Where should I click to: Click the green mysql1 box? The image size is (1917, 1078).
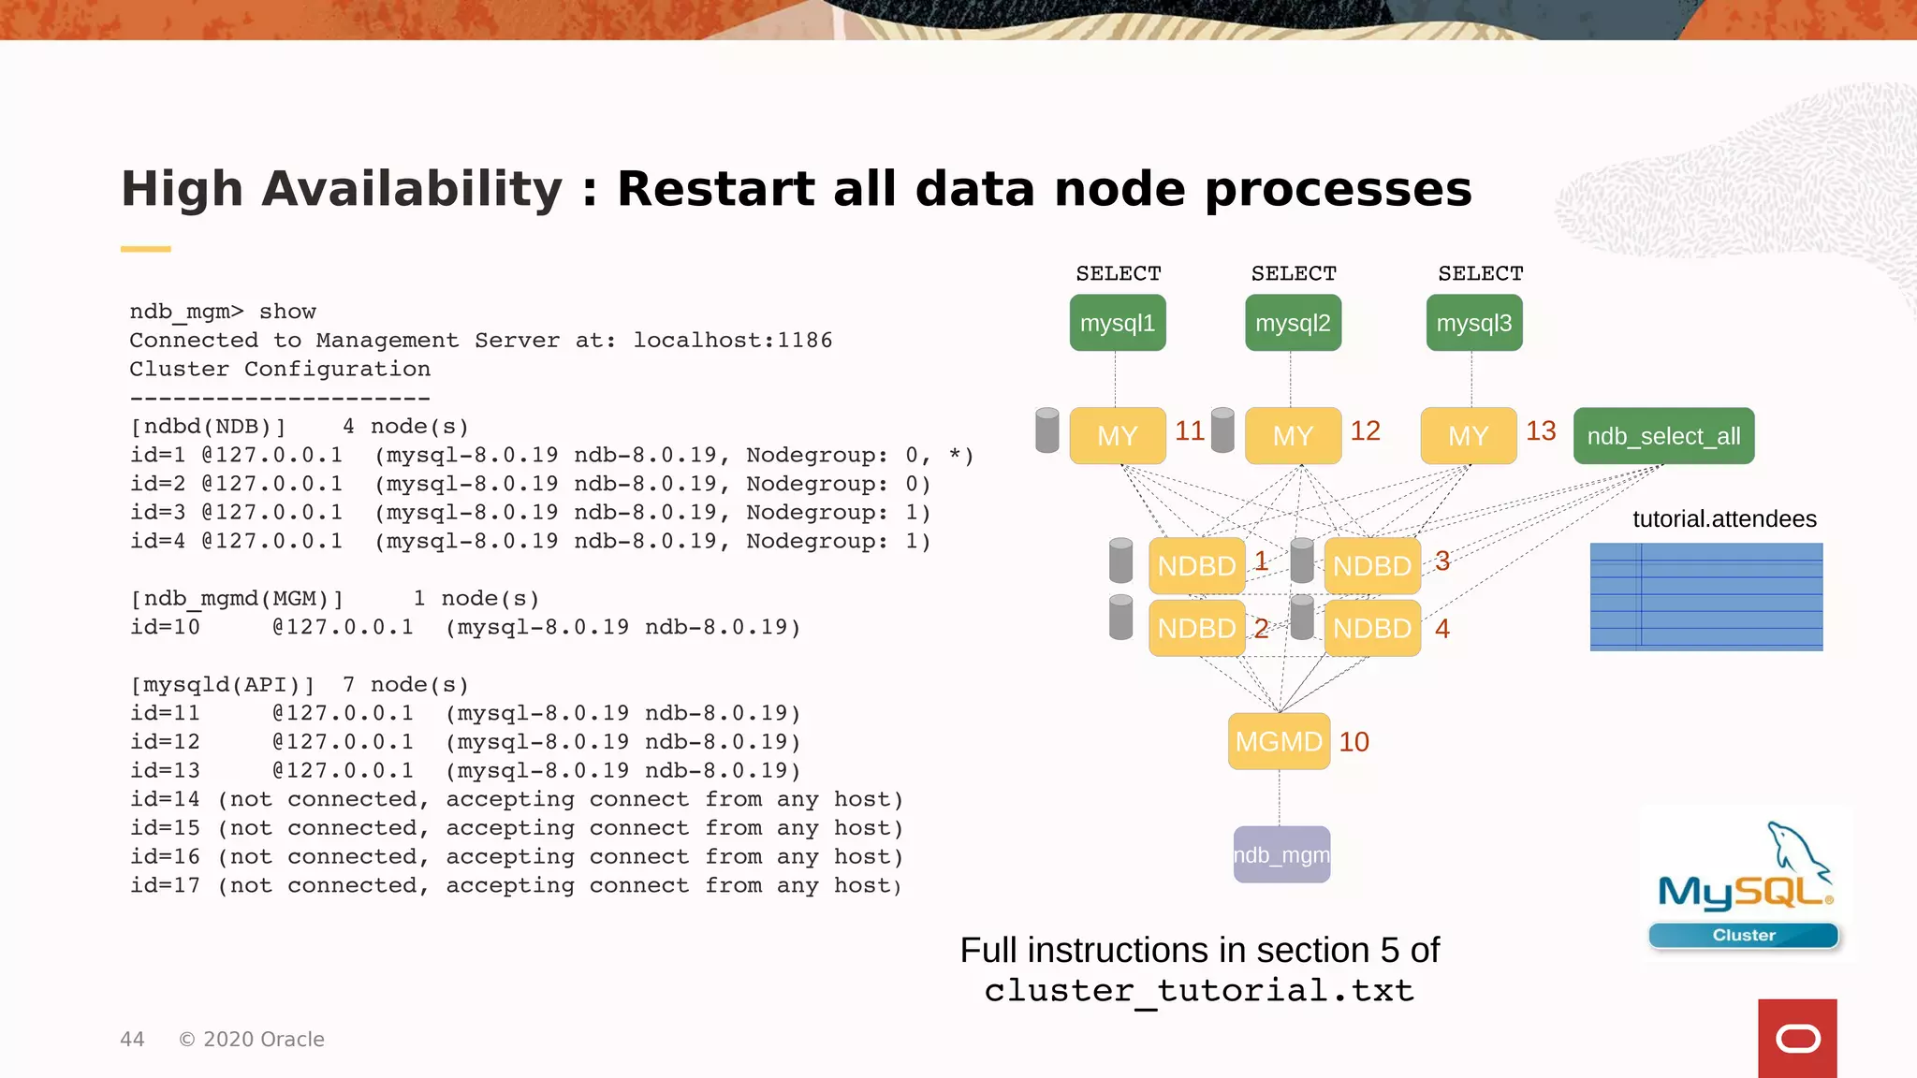point(1118,323)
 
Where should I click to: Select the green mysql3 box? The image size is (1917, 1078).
point(1474,323)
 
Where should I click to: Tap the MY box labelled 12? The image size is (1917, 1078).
point(1293,436)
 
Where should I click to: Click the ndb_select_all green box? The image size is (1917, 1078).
point(1663,436)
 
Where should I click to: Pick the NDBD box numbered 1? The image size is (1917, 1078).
point(1196,565)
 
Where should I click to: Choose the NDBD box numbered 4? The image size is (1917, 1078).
point(1372,628)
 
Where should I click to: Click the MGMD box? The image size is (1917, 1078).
point(1279,741)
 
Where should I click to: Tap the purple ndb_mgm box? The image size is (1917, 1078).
point(1281,854)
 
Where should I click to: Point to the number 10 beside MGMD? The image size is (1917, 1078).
point(1354,742)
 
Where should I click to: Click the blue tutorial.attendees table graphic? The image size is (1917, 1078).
point(1705,596)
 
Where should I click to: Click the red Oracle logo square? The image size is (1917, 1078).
point(1797,1038)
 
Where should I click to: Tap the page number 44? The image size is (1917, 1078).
point(132,1040)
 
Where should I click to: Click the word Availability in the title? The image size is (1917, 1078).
point(412,189)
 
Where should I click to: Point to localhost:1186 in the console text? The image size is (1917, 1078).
point(732,341)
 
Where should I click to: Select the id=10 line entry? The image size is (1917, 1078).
point(165,627)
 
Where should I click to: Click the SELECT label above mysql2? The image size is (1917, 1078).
point(1294,273)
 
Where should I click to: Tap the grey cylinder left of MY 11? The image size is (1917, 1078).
point(1047,430)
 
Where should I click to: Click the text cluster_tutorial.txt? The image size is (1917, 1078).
point(1199,990)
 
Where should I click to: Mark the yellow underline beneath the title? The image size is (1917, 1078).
point(145,249)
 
